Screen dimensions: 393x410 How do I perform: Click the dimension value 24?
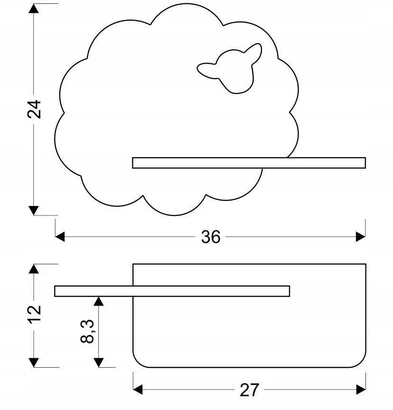(x=34, y=109)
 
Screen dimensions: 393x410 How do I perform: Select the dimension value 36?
(x=211, y=237)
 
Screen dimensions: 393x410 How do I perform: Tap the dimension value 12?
(x=34, y=314)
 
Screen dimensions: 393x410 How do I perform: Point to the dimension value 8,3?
(x=87, y=331)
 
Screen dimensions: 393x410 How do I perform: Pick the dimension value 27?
(x=250, y=390)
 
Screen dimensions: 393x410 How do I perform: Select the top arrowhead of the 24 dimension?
(x=34, y=9)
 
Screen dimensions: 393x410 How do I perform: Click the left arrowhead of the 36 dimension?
(x=60, y=237)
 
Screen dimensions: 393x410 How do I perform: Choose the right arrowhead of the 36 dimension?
(x=361, y=237)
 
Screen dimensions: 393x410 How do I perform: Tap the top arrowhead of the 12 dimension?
(x=34, y=269)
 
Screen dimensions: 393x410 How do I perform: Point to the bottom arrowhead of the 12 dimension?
(x=34, y=363)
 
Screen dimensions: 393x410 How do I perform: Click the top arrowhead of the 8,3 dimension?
(x=99, y=301)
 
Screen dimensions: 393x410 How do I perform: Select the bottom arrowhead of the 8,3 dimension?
(x=99, y=363)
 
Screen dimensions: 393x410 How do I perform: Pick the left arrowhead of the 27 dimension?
(x=138, y=390)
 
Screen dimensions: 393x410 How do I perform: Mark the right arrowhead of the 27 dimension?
(x=361, y=390)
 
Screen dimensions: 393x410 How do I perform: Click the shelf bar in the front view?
(x=249, y=163)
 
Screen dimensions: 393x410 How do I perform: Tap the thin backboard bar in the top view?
(x=172, y=291)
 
